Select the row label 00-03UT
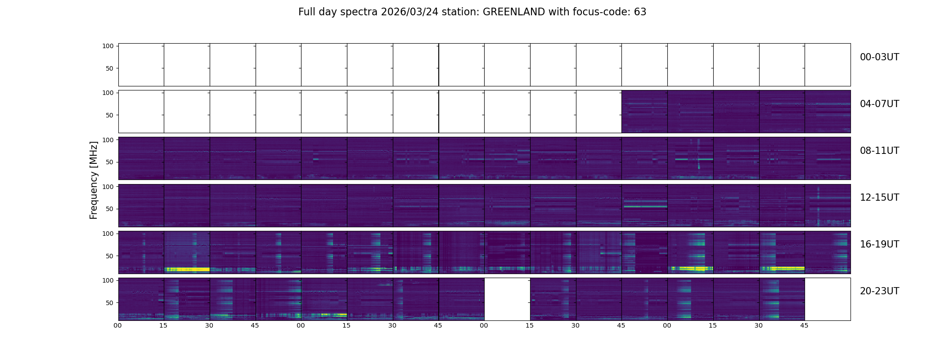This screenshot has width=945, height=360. coord(879,57)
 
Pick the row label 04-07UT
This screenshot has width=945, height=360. coord(879,104)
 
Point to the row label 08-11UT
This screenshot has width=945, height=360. coord(879,151)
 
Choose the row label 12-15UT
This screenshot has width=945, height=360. coord(879,198)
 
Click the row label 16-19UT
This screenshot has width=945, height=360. coord(879,244)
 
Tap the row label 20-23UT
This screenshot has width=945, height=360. coord(879,291)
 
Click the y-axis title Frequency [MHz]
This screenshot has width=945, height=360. coord(94,180)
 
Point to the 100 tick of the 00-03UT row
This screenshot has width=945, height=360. coord(108,46)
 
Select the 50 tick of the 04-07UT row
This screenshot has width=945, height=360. coord(109,115)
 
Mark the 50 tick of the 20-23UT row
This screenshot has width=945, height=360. coord(109,303)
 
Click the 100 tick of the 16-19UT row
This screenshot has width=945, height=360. coord(108,234)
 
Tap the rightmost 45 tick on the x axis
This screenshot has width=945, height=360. coord(804,325)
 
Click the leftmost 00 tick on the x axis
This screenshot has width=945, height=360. coord(118,325)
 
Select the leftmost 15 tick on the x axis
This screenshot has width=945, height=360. coord(163,325)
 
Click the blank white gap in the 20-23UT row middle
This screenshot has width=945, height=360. coord(507,299)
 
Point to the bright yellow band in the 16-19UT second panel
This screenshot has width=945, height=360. coord(187,270)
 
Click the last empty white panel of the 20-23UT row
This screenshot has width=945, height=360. coord(827,299)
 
